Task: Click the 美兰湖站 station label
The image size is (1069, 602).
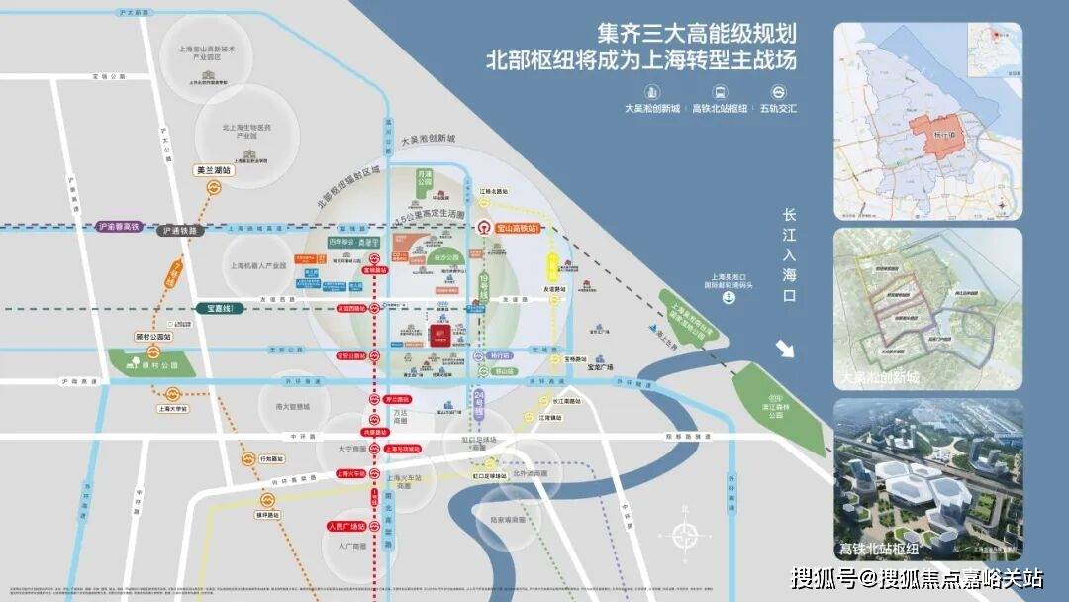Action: [x=214, y=170]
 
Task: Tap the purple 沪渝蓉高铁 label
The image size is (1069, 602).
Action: [x=122, y=227]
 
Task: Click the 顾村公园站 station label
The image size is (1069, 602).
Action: [x=153, y=337]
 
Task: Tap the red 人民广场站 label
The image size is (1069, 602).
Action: [x=347, y=526]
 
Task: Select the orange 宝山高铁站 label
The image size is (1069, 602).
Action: [x=517, y=228]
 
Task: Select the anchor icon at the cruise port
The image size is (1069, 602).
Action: [x=728, y=299]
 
